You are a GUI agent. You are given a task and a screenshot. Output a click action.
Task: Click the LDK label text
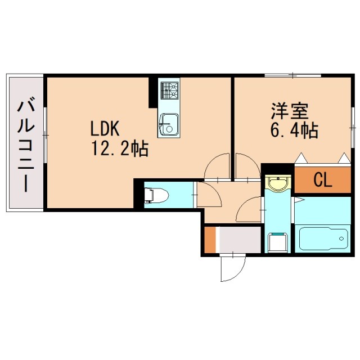tap(106, 129)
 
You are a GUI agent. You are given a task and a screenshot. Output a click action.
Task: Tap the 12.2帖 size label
tap(120, 149)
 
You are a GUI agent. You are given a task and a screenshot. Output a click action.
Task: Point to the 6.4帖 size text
tap(294, 130)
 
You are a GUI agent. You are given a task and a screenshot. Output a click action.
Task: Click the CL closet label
tap(322, 180)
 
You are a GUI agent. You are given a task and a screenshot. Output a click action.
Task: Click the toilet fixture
tap(157, 195)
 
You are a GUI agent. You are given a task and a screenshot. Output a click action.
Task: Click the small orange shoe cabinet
tap(210, 239)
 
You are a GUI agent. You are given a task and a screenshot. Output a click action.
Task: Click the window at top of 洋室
tap(292, 75)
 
